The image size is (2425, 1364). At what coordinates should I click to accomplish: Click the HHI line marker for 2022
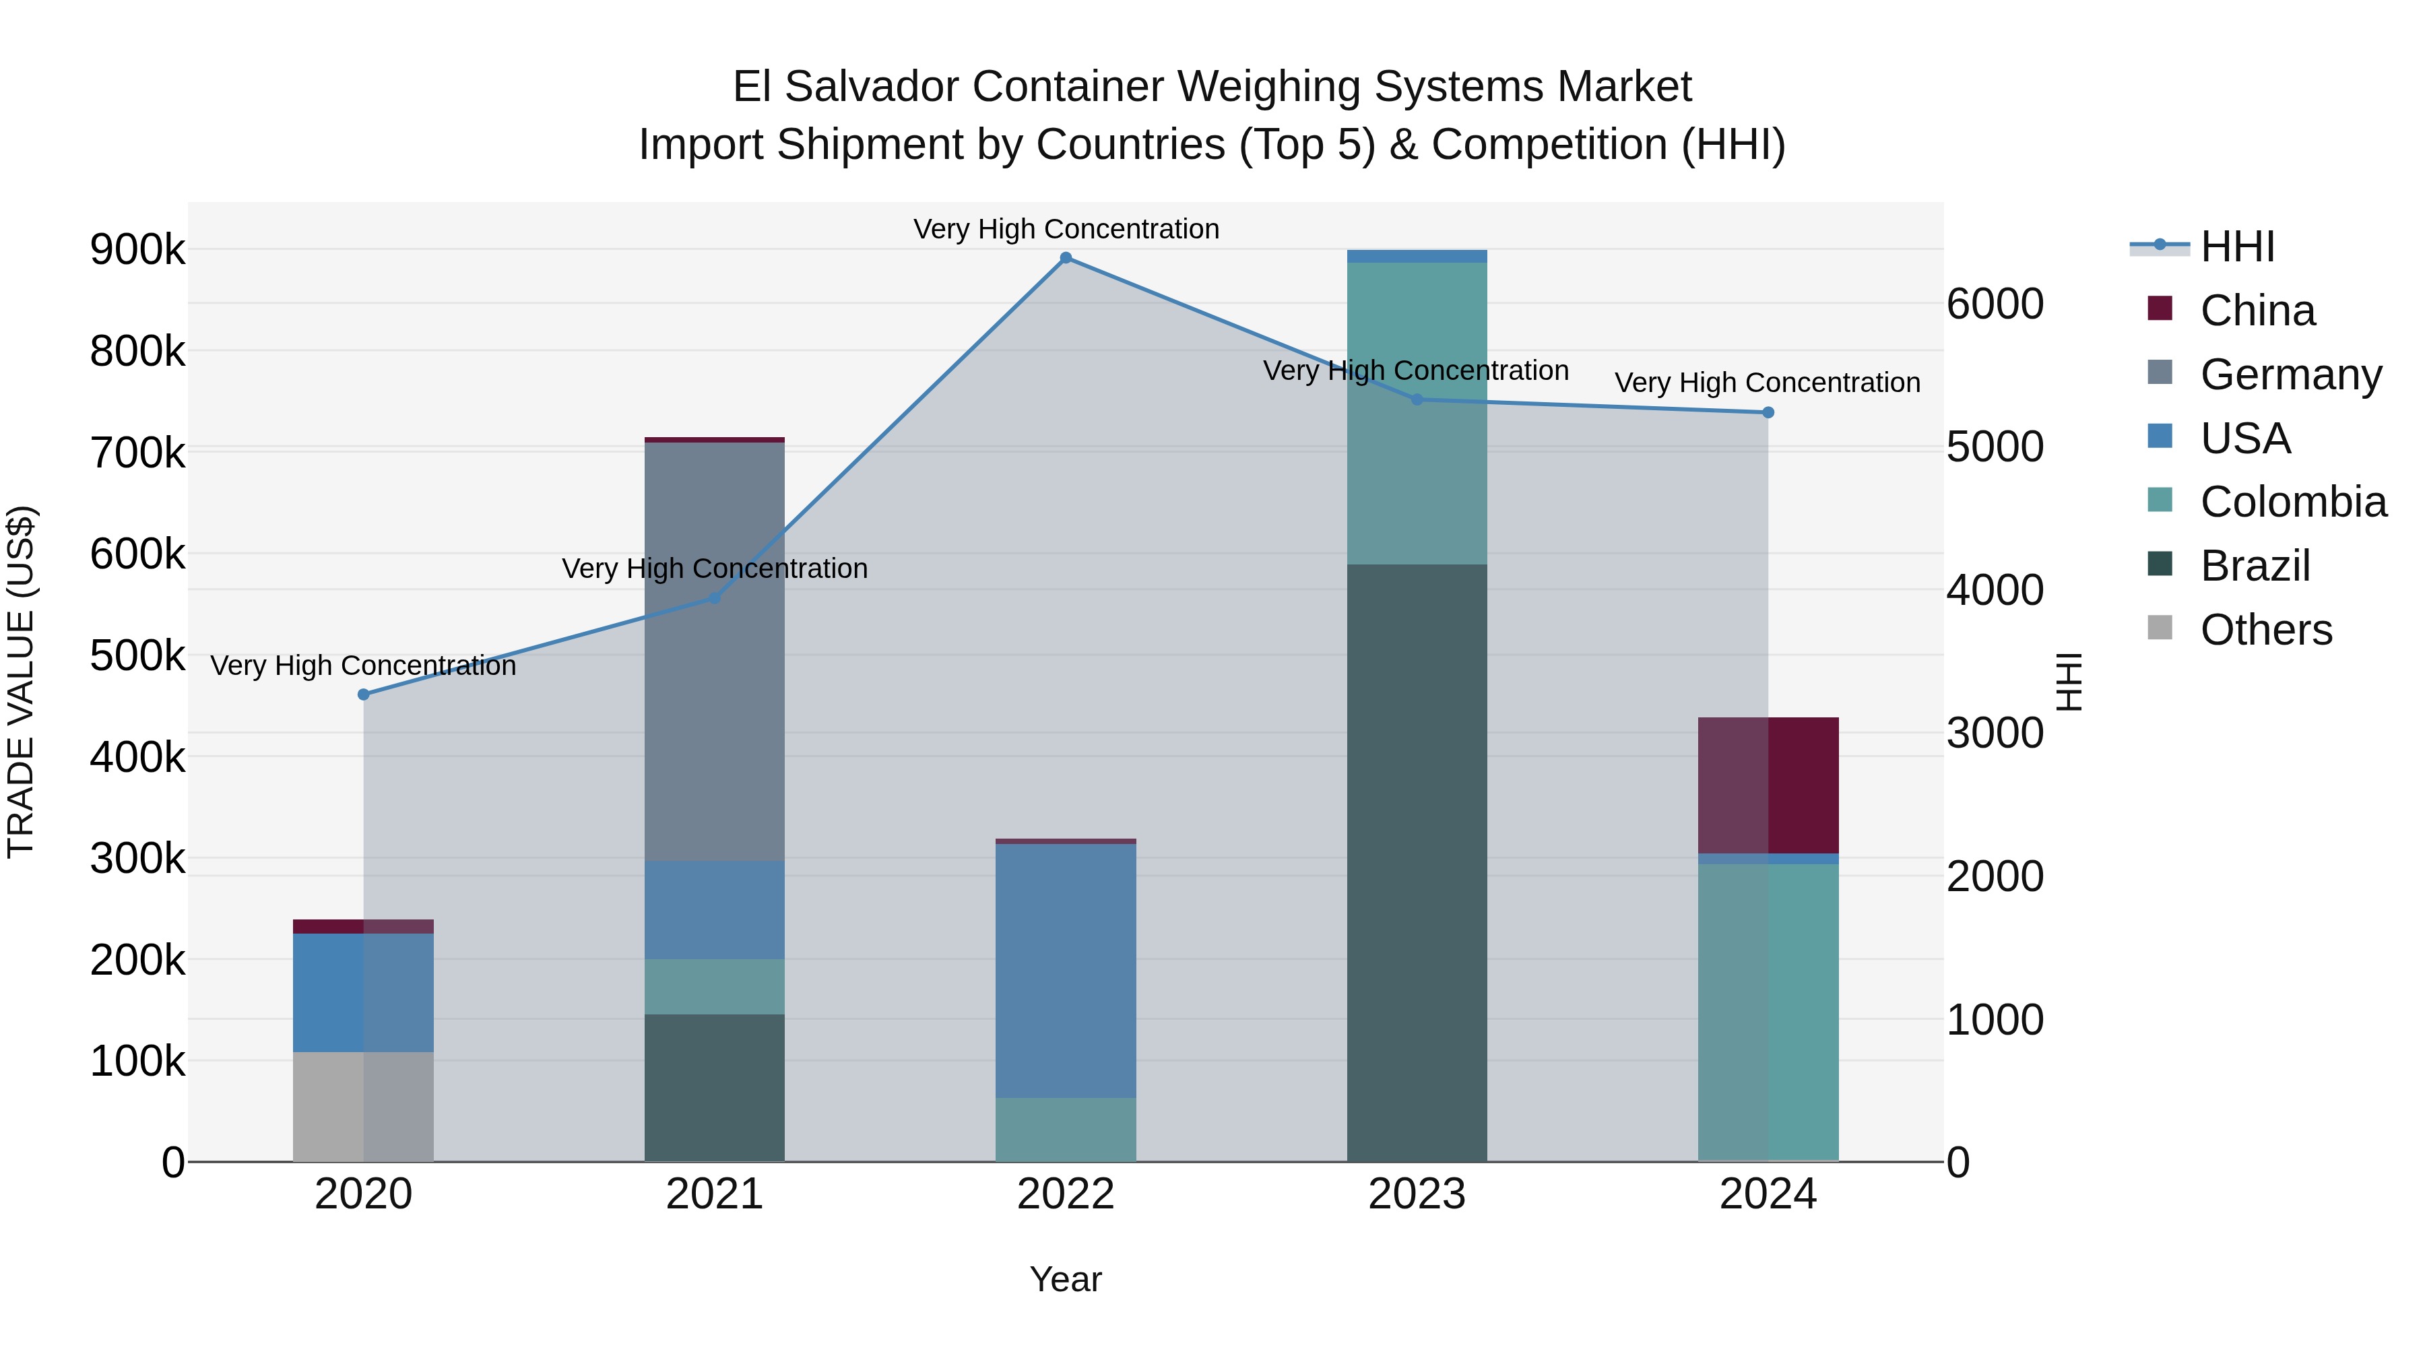coord(1066,258)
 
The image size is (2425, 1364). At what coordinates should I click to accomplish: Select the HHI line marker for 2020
coord(363,694)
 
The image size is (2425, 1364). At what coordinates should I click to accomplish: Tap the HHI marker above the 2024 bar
coord(1768,412)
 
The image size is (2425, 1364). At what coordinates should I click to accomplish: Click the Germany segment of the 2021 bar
coord(715,649)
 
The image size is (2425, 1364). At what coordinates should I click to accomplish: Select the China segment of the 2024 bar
coord(1768,785)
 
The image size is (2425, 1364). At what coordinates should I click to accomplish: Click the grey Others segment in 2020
coord(363,1106)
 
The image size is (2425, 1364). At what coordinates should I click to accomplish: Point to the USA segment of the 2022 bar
coord(1066,969)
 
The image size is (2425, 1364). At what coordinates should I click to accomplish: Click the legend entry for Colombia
coord(2292,502)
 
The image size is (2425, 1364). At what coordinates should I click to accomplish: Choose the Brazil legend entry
coord(2255,566)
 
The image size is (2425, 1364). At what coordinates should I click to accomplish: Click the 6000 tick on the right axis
coord(1995,304)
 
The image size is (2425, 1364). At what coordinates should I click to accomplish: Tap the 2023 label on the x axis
coord(1417,1194)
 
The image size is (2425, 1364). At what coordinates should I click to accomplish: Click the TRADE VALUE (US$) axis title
coord(21,682)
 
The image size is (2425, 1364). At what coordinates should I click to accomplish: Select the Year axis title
coord(1066,1279)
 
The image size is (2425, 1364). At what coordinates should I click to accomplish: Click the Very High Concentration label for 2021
coord(715,569)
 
